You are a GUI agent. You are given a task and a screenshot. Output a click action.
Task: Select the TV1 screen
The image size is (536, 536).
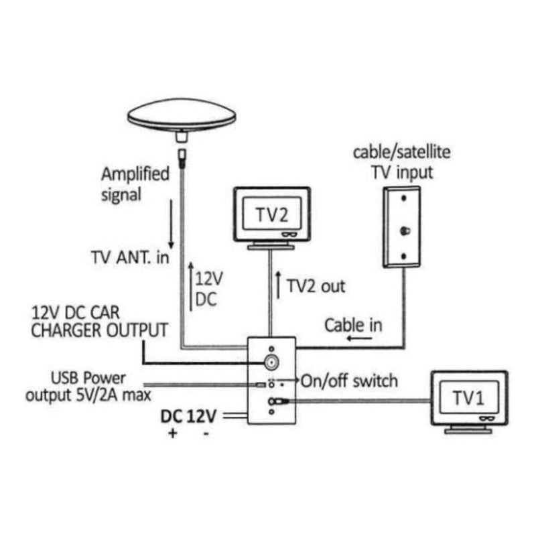tap(468, 398)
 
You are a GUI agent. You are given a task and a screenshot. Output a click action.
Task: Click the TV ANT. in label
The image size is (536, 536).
tap(130, 258)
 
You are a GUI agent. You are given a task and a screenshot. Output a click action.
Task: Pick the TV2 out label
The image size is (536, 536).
tap(316, 286)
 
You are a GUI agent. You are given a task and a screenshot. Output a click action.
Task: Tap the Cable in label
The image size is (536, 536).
tap(353, 326)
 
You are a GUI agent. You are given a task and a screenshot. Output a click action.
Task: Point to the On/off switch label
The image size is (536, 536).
tap(349, 381)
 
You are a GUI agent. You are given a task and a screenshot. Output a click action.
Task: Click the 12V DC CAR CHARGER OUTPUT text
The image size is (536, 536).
tap(98, 321)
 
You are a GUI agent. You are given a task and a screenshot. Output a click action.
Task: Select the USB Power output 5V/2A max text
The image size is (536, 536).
tap(87, 387)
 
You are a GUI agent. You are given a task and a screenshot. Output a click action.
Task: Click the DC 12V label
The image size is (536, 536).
tap(188, 416)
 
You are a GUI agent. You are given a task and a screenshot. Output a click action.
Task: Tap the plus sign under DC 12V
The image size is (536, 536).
tap(173, 434)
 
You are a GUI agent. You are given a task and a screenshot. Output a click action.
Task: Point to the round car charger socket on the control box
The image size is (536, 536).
tap(271, 363)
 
